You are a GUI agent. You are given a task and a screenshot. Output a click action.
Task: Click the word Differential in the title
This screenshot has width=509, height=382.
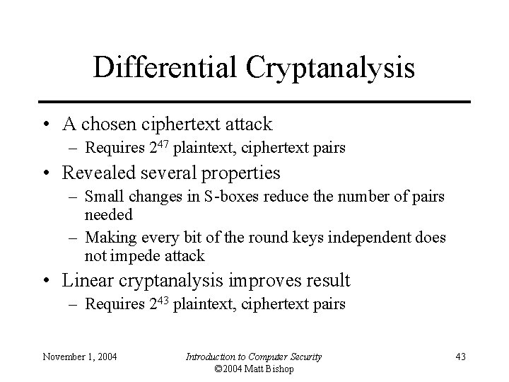[167, 68]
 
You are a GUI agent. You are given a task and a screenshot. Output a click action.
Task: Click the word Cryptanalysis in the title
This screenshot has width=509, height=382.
[330, 68]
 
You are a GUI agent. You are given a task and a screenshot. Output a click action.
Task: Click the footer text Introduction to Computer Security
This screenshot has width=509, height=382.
[253, 357]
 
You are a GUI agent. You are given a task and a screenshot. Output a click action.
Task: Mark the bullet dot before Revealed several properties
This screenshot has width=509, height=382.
[45, 173]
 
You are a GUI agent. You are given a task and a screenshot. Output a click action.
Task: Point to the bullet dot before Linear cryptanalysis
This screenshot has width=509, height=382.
[45, 282]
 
